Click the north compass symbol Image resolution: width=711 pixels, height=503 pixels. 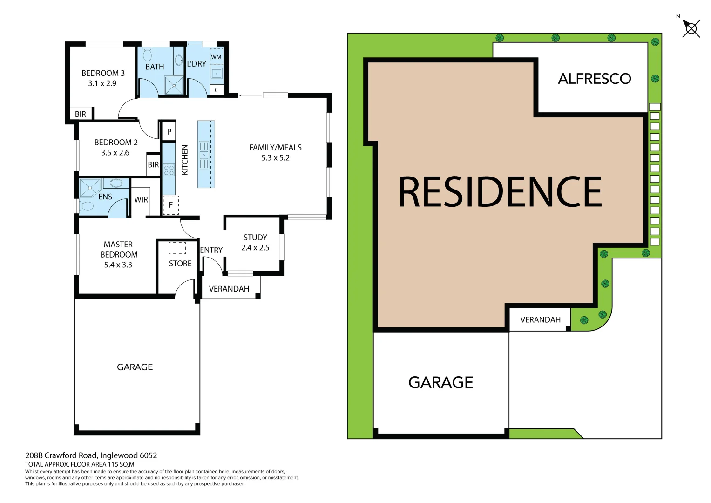691,28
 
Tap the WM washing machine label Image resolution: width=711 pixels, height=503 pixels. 216,57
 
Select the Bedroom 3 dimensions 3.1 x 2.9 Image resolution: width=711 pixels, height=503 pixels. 102,83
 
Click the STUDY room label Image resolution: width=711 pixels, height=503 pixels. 255,238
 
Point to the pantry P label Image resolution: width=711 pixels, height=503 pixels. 169,132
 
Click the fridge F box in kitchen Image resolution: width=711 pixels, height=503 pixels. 170,205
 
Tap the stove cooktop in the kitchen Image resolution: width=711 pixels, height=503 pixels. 169,170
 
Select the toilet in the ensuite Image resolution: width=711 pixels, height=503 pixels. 87,206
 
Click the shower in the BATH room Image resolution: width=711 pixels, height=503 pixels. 174,85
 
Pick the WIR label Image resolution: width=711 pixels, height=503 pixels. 141,200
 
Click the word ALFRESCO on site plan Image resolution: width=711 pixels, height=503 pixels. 594,79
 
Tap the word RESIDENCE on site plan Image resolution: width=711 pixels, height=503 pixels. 500,191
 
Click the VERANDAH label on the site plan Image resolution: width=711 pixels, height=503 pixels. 540,320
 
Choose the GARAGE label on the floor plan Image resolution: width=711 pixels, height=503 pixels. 135,367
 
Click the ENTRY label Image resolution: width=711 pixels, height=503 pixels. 211,250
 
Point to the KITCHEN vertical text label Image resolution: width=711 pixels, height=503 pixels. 185,160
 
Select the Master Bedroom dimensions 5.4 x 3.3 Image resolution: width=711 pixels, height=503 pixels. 118,265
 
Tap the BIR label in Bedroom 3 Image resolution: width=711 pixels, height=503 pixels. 81,114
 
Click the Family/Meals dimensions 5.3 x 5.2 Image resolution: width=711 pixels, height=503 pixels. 275,158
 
